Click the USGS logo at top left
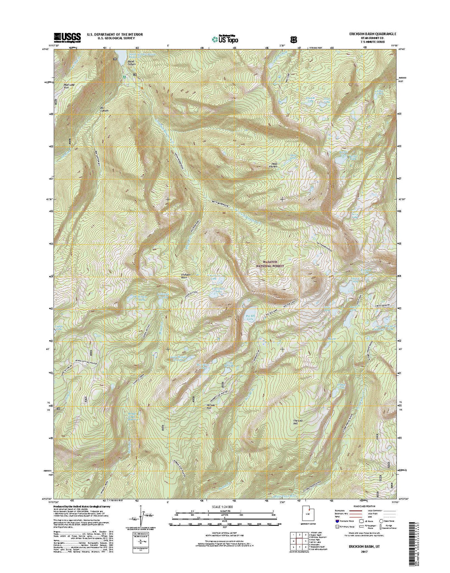[x=67, y=37]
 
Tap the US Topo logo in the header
[x=225, y=38]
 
